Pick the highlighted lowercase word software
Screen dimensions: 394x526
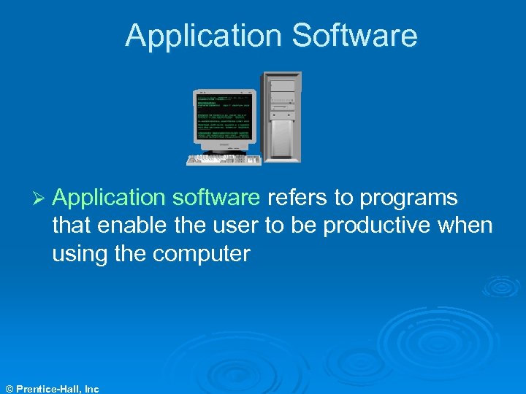click(x=215, y=198)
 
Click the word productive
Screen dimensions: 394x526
click(x=385, y=226)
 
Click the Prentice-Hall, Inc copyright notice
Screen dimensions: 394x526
click(x=56, y=389)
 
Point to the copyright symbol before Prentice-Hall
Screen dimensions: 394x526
click(x=9, y=389)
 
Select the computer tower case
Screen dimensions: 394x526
click(x=281, y=117)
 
